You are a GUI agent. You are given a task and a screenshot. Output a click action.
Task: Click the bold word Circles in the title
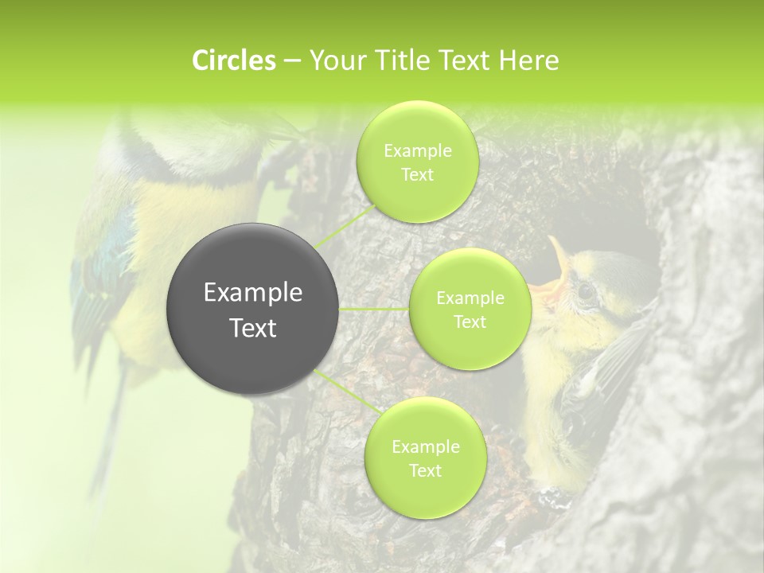click(x=233, y=60)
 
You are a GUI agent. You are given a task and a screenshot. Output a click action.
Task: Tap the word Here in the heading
click(x=528, y=60)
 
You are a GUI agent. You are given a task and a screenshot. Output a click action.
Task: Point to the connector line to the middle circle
click(x=374, y=309)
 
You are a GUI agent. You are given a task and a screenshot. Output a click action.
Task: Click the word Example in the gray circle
click(x=253, y=293)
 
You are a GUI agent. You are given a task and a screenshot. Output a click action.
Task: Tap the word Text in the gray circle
click(x=253, y=328)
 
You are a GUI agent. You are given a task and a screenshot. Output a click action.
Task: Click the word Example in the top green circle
click(x=418, y=150)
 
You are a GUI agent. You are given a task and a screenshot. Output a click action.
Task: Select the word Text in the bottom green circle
click(x=425, y=470)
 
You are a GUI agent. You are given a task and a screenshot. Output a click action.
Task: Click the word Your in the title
click(x=334, y=60)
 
